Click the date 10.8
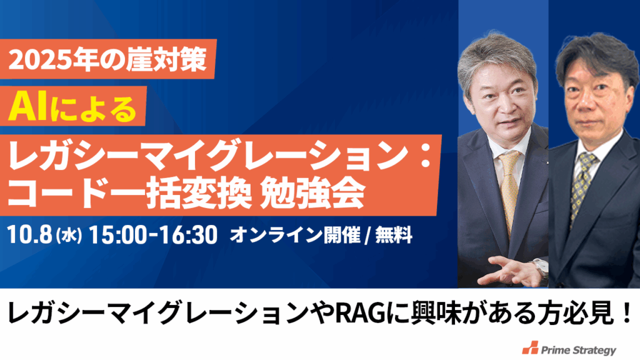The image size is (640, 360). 29,236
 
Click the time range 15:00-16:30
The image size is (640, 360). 152,236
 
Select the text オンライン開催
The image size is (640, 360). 295,236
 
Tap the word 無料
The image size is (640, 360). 394,236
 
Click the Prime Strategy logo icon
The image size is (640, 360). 530,347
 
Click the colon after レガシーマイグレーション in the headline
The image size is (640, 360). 426,157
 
